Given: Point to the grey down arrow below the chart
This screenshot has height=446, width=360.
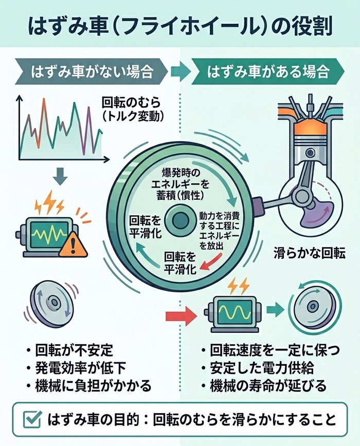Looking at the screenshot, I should tap(61, 177).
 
